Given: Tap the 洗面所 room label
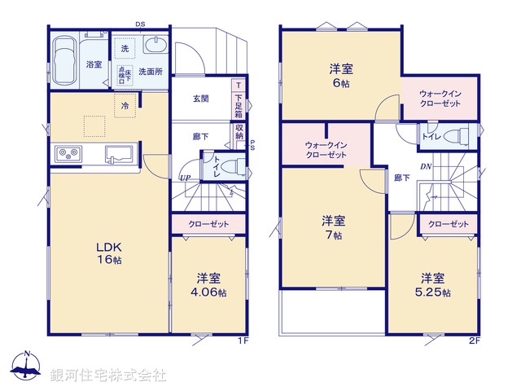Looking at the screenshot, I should [x=150, y=71].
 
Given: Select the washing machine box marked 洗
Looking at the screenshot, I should [x=125, y=50].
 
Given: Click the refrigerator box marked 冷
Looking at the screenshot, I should [x=125, y=106].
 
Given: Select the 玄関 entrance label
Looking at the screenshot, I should [x=200, y=99].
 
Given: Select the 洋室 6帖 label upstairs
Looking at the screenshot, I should [x=341, y=76].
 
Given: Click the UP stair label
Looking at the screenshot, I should [x=186, y=178].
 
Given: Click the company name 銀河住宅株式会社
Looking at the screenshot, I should [x=107, y=376].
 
